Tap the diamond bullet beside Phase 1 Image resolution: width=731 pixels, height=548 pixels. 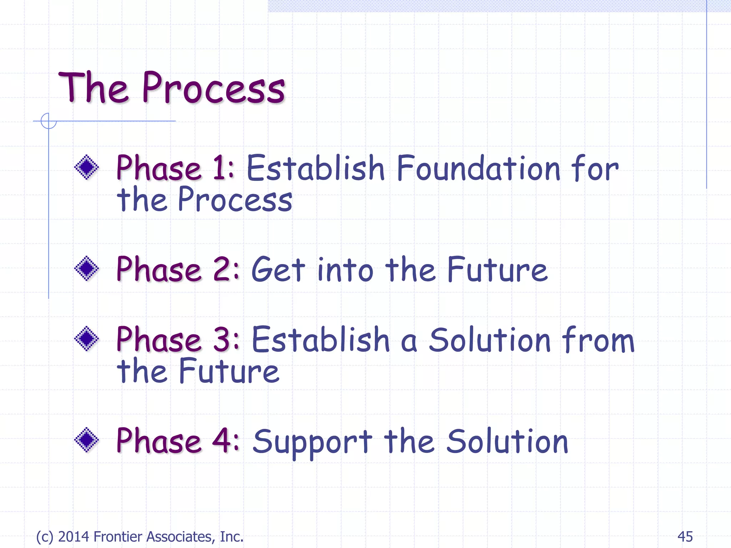click(86, 167)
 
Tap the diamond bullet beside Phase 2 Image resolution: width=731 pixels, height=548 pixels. click(86, 268)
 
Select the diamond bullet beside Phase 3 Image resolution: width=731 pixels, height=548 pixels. click(86, 339)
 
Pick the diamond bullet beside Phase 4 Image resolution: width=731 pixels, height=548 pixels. click(86, 440)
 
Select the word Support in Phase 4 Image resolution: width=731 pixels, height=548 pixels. click(313, 442)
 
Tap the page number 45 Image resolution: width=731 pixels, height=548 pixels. click(685, 537)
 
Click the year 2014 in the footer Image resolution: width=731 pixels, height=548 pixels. click(74, 537)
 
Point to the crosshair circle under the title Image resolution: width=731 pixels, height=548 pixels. click(49, 121)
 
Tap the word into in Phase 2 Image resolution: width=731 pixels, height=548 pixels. click(345, 270)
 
